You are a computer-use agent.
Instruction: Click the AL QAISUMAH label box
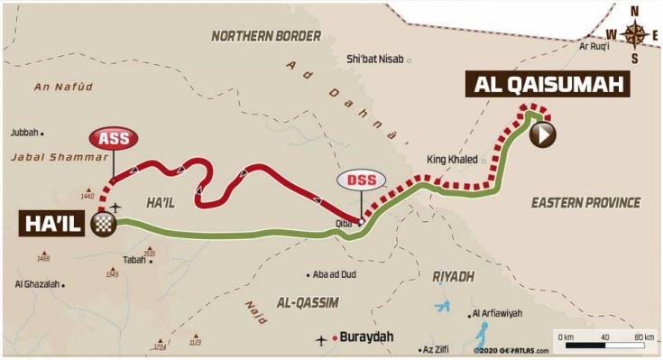[547, 86]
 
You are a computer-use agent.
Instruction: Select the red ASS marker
[113, 138]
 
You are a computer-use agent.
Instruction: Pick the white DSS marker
[361, 180]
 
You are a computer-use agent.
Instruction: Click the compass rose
[636, 35]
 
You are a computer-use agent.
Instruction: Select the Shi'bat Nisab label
[376, 60]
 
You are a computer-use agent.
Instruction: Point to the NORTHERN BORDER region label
[266, 36]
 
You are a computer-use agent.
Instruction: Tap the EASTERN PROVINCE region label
[585, 202]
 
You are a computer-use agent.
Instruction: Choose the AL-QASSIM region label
[308, 302]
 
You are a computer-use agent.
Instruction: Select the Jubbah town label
[25, 132]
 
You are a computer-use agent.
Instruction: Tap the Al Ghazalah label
[37, 284]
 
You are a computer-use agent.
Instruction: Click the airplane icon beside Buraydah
[322, 340]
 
